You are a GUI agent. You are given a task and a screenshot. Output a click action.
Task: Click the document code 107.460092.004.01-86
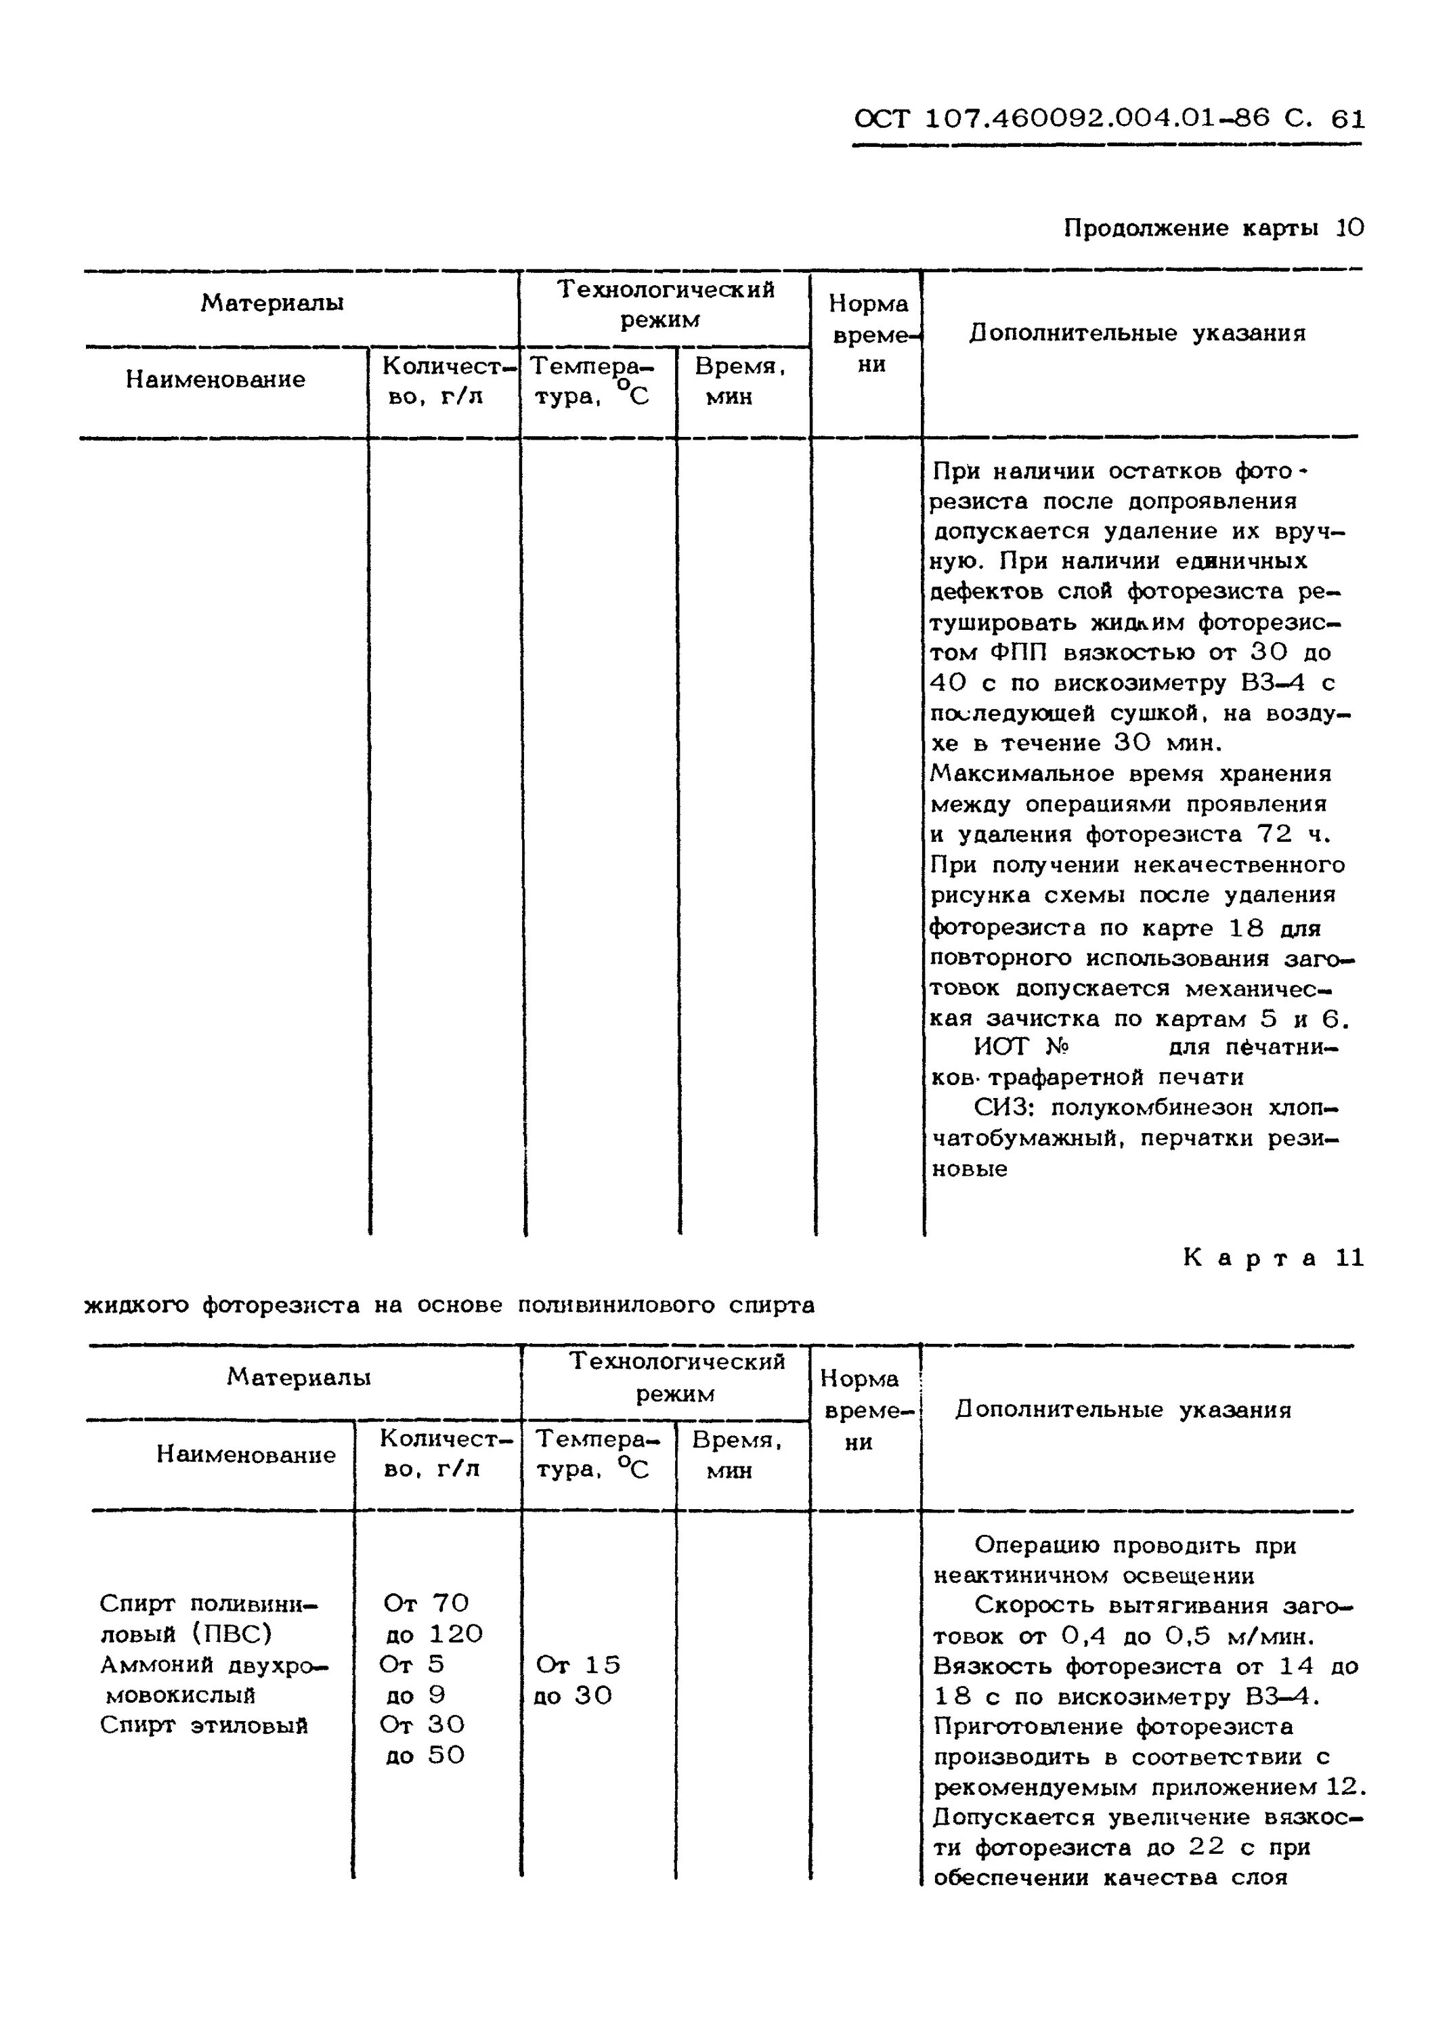tap(1098, 119)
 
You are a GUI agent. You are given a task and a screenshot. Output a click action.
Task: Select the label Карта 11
tap(1273, 1258)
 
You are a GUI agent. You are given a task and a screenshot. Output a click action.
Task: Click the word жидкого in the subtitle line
tap(136, 1305)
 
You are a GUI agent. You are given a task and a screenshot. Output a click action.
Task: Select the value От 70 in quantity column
tap(425, 1603)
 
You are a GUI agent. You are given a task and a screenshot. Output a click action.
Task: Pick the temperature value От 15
tap(578, 1665)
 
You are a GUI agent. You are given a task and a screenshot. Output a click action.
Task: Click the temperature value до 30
tap(573, 1695)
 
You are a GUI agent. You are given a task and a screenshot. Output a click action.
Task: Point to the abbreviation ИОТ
tap(1001, 1046)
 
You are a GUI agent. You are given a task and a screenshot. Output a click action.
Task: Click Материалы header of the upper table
tap(272, 304)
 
